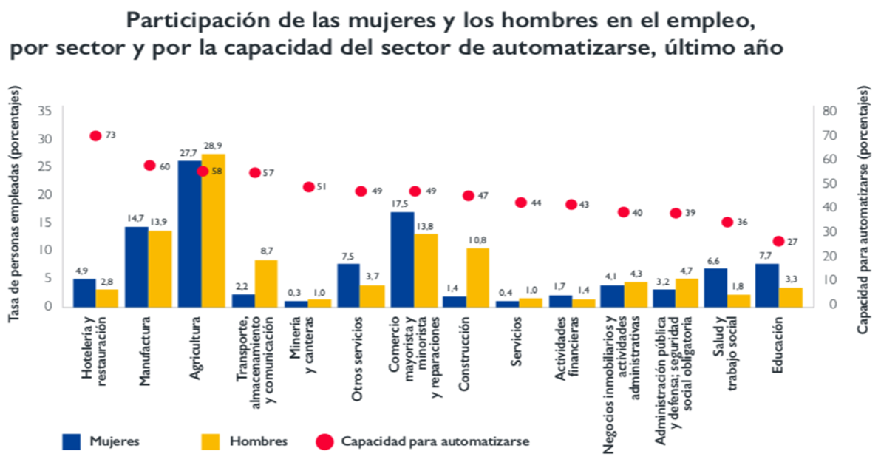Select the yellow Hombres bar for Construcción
pos(477,277)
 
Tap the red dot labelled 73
pos(95,135)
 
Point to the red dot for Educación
pos(778,241)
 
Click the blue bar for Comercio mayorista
pos(402,259)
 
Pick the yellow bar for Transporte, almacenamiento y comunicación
pos(266,282)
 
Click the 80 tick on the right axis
pos(830,111)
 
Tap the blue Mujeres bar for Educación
pos(766,285)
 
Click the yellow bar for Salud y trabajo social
pos(738,300)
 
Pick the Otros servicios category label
pos(358,359)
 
